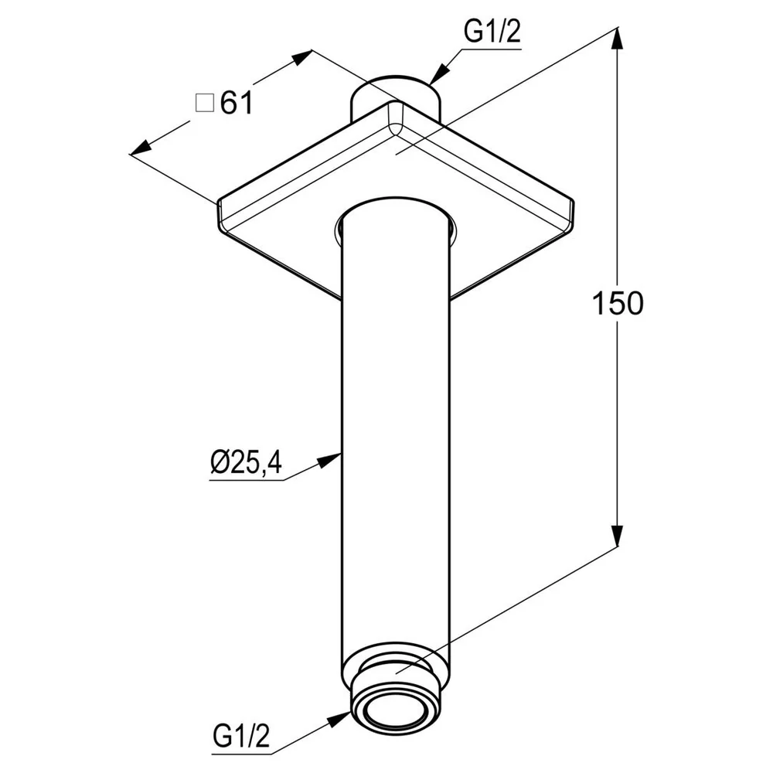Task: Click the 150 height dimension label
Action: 617,303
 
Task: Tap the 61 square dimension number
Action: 237,104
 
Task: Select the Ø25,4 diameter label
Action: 246,462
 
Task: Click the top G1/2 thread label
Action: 492,33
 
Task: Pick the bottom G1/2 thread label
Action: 241,736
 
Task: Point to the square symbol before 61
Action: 205,104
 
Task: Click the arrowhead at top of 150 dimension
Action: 617,39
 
